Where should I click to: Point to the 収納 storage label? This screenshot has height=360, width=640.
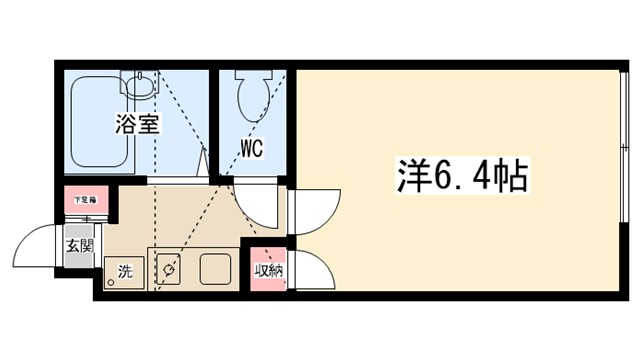coord(268,269)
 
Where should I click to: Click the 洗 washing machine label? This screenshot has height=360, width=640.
coord(125,270)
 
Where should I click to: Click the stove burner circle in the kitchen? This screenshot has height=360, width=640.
coord(170,269)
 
